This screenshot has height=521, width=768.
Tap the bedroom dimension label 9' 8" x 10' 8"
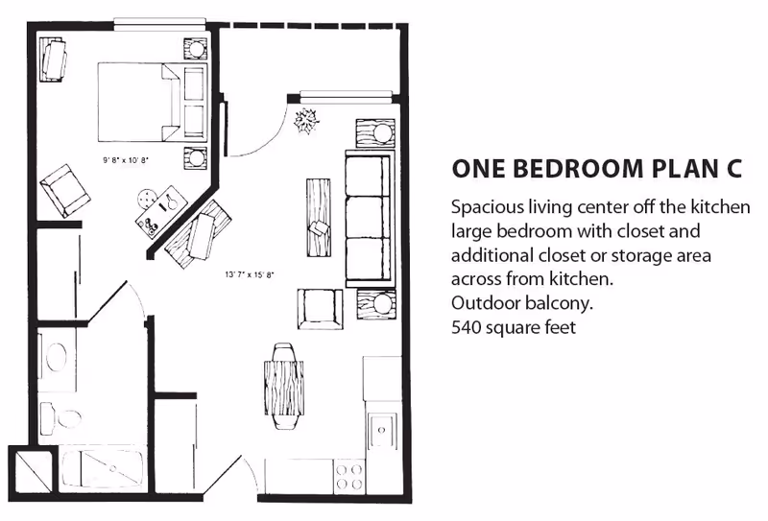tap(126, 159)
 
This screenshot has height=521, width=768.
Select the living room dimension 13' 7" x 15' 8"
tap(250, 274)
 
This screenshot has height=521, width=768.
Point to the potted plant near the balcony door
tap(306, 121)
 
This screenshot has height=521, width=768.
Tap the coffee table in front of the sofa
tap(319, 218)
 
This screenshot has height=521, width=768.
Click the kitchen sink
tap(382, 431)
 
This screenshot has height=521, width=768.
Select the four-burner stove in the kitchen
tap(348, 476)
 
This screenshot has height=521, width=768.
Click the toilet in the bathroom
tap(61, 419)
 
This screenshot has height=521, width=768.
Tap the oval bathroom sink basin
tap(58, 357)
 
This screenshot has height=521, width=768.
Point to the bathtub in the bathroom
tap(103, 469)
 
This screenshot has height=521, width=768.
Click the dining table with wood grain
tap(284, 388)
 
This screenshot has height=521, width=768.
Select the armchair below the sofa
tap(320, 309)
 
